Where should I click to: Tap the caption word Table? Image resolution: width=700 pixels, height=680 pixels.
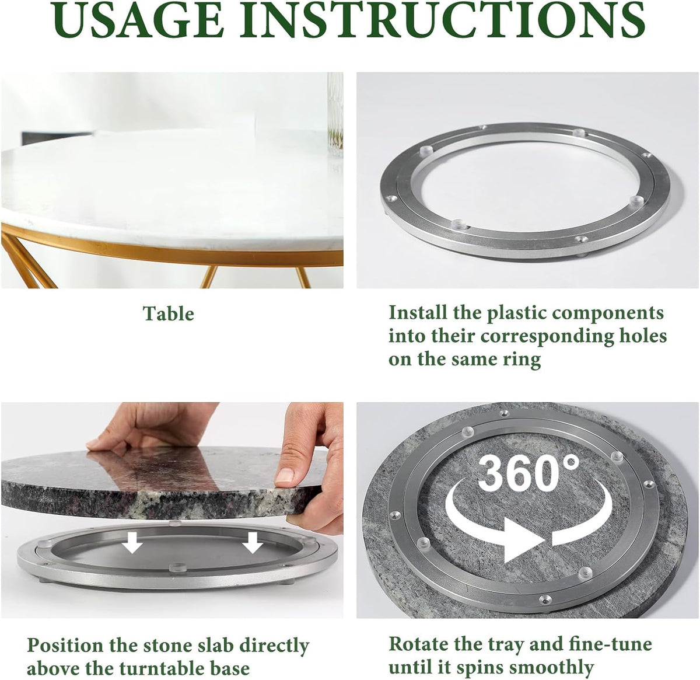click(x=169, y=313)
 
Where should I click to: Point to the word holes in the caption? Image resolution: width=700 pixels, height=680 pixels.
click(x=640, y=336)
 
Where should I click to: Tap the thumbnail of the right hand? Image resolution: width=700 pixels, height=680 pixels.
click(x=284, y=475)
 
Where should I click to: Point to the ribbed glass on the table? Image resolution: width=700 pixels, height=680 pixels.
click(x=335, y=114)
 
